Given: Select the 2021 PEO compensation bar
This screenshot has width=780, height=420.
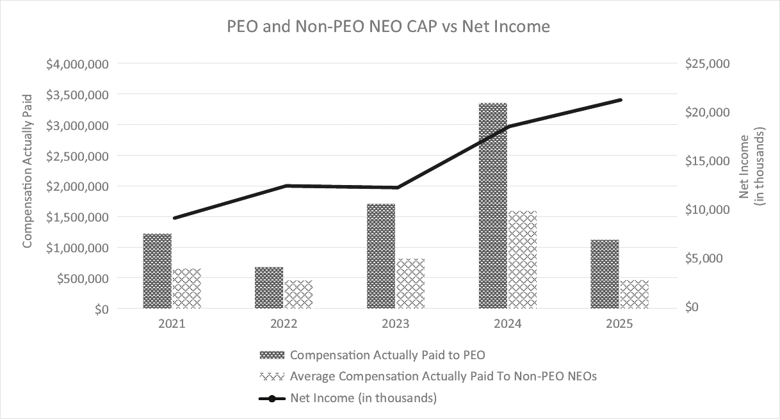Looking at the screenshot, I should point(158,271).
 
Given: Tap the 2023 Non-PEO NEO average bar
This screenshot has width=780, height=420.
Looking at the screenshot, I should point(411,284).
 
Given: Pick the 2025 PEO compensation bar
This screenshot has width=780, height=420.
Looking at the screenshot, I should point(605,274).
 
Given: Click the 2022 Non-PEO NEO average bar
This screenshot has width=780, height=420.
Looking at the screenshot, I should point(298,295).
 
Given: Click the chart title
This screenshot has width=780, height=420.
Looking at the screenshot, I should point(389,28).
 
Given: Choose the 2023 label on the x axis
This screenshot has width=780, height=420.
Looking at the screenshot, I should point(396,324).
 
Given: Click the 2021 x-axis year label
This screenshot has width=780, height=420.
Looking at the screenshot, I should point(172,324).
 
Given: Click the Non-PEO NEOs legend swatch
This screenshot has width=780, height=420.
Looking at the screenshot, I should point(272,376).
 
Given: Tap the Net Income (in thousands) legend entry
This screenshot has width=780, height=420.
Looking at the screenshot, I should point(363,398).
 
